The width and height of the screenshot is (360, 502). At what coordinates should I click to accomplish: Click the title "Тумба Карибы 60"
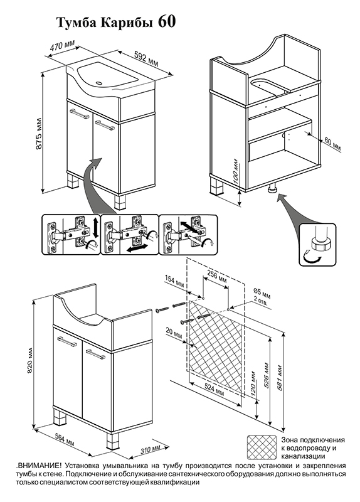(x=116, y=23)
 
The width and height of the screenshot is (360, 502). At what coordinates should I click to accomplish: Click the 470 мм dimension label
(x=62, y=46)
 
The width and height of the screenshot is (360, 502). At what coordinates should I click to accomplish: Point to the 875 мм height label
(x=39, y=134)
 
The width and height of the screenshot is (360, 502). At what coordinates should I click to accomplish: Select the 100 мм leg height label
(x=236, y=171)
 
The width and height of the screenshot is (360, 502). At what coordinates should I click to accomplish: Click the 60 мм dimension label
(x=333, y=145)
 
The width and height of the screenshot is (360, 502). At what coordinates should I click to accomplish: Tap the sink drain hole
(x=99, y=84)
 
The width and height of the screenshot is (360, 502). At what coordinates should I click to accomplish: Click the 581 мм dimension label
(x=280, y=377)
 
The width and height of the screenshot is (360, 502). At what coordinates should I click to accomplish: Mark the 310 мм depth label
(x=151, y=449)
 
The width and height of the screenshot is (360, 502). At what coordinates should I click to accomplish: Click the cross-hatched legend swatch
(x=262, y=447)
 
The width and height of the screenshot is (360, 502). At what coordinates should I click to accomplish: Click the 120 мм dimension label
(x=254, y=383)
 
